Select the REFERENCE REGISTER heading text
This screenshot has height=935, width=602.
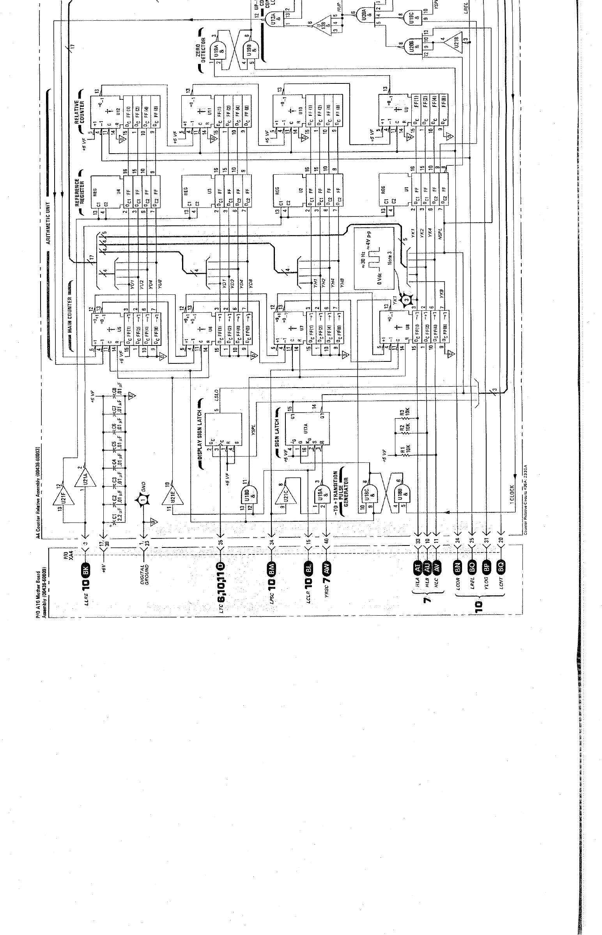pos(79,192)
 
